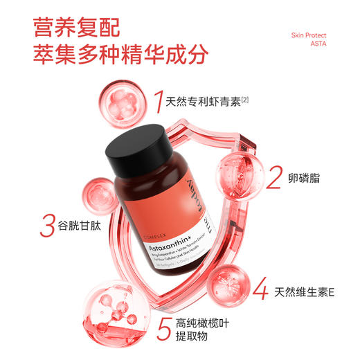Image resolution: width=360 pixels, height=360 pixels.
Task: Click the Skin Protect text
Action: pos(308,35)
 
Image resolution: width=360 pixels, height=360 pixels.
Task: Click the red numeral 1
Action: pos(159,102)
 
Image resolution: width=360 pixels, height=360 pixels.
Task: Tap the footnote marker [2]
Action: pos(245,100)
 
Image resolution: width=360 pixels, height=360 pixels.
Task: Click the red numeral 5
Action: pos(163,328)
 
